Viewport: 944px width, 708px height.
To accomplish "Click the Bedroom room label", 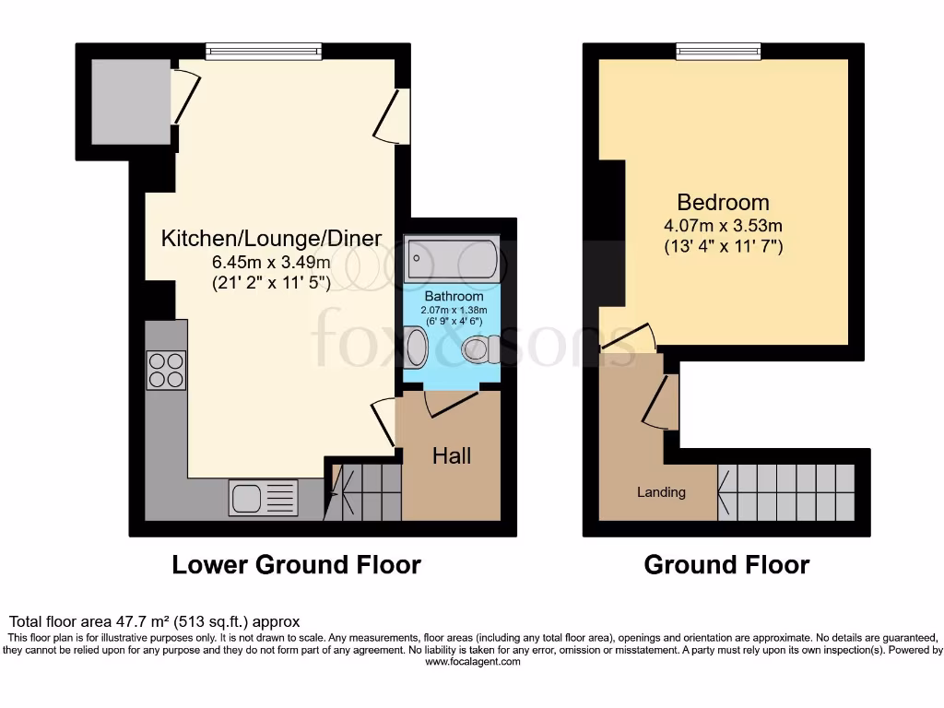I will click(x=723, y=202).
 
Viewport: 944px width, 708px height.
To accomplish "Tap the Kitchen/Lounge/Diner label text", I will click(x=271, y=239).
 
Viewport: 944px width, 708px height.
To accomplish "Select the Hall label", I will click(x=452, y=455).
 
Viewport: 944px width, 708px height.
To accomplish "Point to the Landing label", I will click(x=661, y=492).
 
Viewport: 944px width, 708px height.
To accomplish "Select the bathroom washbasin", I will click(x=416, y=349).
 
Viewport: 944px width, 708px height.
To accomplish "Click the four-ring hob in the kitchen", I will click(x=166, y=370).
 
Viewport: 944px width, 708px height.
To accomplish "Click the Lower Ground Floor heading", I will click(x=296, y=564).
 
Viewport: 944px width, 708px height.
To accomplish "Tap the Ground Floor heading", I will click(x=726, y=564).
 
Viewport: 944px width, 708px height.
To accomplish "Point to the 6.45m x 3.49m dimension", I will click(x=271, y=263).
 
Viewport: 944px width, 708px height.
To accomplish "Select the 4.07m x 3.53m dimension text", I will click(x=723, y=226).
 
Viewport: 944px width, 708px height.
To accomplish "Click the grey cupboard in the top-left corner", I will click(x=130, y=101).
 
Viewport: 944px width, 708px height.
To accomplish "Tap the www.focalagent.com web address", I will click(x=471, y=661).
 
